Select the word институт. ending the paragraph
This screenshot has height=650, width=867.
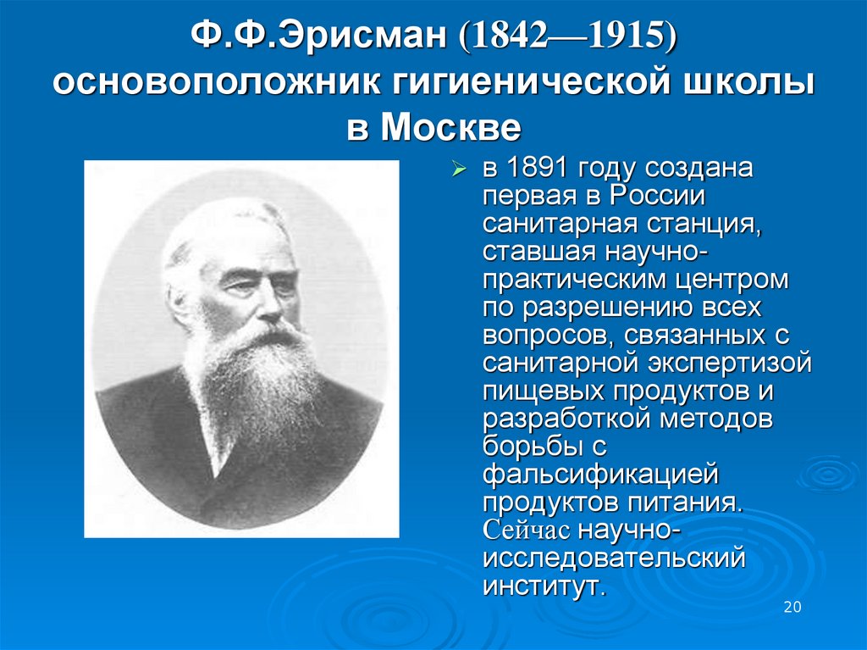(x=545, y=586)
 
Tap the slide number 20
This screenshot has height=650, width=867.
(x=792, y=608)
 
